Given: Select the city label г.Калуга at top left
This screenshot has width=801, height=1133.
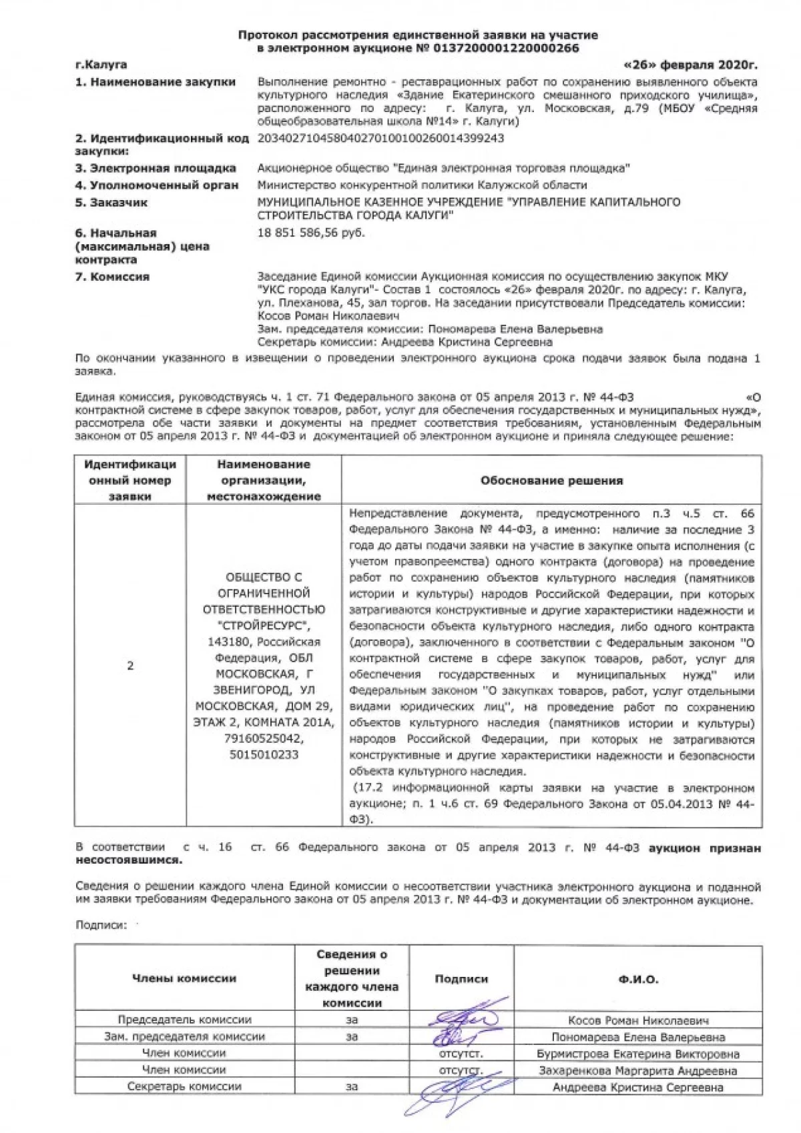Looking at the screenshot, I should click(101, 65).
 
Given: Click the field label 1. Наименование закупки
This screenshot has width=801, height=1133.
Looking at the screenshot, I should click(156, 82).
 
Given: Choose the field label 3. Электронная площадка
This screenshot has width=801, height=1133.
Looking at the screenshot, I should click(156, 168).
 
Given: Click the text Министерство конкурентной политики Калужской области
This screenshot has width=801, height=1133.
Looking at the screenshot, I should click(422, 185).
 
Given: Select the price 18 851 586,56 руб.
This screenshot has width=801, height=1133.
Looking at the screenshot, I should click(311, 233).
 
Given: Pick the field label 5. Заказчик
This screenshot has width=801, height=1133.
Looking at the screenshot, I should click(111, 202).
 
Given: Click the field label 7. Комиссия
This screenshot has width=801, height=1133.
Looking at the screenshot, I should click(112, 276).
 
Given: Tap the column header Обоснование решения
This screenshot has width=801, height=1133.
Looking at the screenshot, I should click(551, 480).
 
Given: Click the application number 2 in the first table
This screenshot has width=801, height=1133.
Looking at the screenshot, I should click(130, 666).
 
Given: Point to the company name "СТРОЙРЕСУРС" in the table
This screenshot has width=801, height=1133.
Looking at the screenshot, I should click(264, 626).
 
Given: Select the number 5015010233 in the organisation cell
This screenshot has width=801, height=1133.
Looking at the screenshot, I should click(264, 755).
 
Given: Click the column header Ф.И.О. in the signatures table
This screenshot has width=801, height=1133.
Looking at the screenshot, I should click(637, 980).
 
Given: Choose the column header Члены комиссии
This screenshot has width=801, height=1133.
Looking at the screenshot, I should click(184, 979).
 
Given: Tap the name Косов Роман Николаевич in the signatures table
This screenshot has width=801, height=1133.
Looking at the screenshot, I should click(638, 1020).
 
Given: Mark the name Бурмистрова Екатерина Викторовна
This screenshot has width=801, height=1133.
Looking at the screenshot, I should click(638, 1054).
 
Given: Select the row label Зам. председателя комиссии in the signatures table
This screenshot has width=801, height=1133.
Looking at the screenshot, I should click(184, 1037).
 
